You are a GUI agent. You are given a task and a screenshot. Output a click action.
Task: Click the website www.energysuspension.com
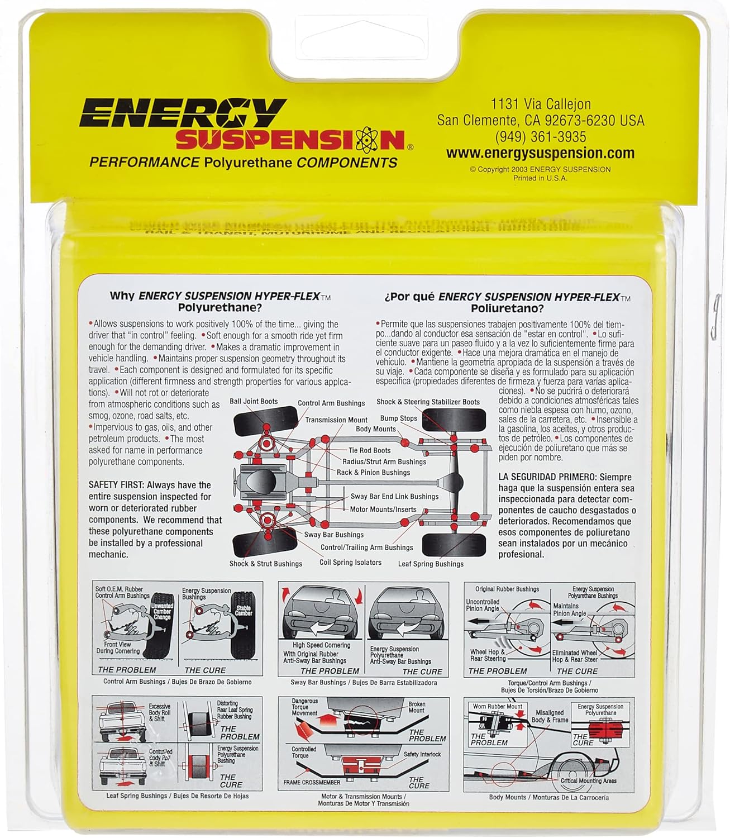click(x=540, y=153)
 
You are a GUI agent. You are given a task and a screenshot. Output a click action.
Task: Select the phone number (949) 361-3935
click(x=540, y=136)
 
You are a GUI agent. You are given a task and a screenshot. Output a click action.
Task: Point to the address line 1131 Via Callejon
click(x=540, y=104)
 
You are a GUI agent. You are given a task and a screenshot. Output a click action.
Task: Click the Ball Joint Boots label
click(x=254, y=401)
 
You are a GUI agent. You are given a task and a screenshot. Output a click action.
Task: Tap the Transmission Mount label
click(x=336, y=420)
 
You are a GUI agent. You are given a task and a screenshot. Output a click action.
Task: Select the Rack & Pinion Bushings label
click(x=373, y=472)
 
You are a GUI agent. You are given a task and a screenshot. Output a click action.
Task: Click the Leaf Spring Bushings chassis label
click(x=430, y=564)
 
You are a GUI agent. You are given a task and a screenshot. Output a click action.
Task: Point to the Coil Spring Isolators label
click(x=350, y=563)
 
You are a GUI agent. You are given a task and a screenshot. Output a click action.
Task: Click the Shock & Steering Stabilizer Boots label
click(x=428, y=402)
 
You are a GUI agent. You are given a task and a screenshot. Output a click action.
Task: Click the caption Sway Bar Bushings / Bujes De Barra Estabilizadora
click(x=364, y=682)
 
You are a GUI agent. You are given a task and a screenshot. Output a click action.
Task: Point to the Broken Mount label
click(x=417, y=707)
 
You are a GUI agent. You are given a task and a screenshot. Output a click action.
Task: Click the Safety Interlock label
click(x=422, y=754)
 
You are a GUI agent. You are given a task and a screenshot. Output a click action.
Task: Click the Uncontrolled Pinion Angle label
click(x=483, y=605)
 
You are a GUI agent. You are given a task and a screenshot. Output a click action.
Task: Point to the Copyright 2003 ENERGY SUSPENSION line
click(x=540, y=169)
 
